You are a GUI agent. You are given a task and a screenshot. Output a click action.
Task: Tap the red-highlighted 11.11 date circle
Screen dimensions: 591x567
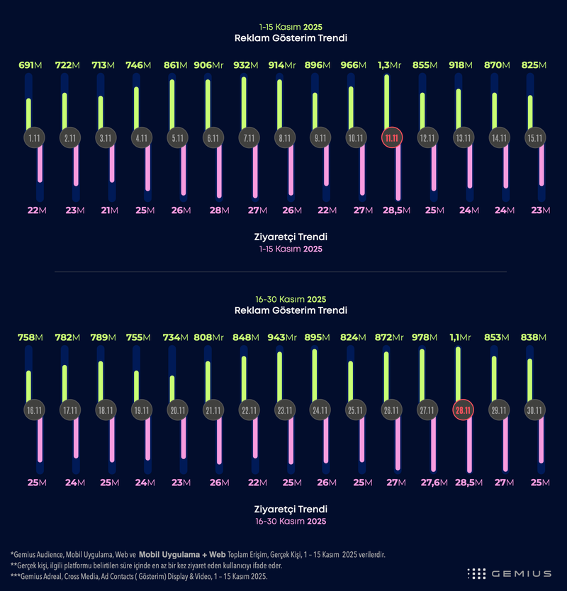pos(392,138)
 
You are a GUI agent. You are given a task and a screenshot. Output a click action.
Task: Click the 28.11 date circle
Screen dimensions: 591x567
pos(462,410)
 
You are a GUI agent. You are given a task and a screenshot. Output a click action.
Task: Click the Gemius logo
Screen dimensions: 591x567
pos(510,573)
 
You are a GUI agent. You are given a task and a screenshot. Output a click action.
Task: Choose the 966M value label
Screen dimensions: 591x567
pos(352,65)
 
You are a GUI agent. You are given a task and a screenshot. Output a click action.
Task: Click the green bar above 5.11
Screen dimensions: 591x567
pos(173,103)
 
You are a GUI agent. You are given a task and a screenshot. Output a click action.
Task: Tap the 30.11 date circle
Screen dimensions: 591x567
pos(534,410)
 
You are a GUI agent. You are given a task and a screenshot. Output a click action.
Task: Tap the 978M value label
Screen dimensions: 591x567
pos(426,337)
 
